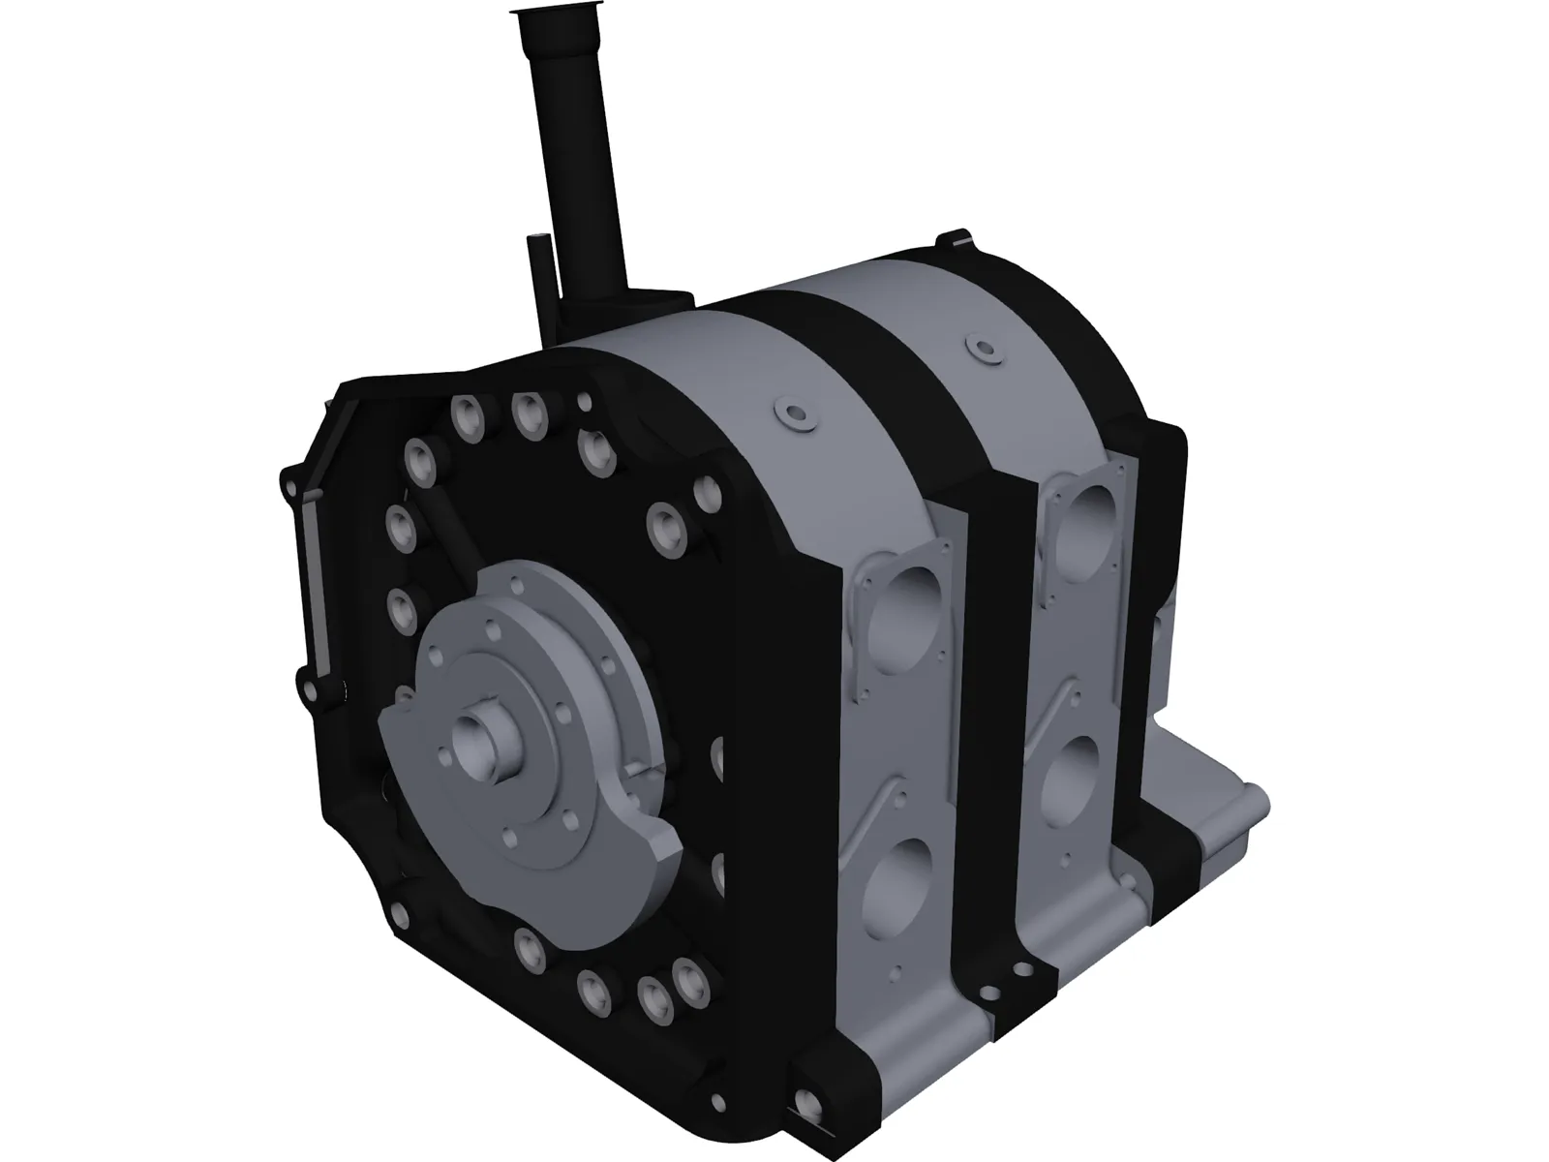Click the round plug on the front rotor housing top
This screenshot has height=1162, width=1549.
(794, 413)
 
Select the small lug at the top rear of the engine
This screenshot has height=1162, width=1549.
(954, 238)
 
